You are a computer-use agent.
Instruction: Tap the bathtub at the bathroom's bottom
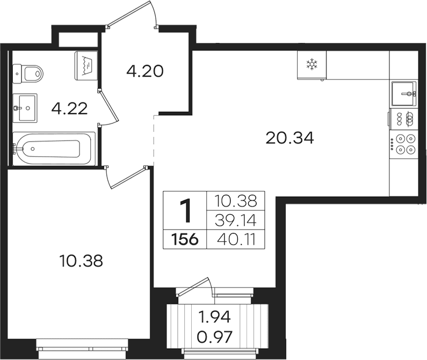click(x=54, y=149)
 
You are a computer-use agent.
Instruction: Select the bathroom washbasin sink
click(x=25, y=108)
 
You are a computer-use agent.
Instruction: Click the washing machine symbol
click(x=86, y=65)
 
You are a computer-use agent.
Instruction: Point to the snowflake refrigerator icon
click(x=312, y=65)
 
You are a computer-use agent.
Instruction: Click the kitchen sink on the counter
click(x=404, y=94)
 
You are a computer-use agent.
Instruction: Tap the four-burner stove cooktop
click(x=404, y=144)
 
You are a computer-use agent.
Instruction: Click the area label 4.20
click(x=145, y=71)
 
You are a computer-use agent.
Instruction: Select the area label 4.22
click(x=69, y=108)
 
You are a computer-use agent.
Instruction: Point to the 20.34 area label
click(x=290, y=138)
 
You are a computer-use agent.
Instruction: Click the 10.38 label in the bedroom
click(x=81, y=261)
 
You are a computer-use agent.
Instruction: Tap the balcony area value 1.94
click(x=215, y=317)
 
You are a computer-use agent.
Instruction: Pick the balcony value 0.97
click(x=215, y=337)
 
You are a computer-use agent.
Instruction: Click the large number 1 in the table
click(x=186, y=210)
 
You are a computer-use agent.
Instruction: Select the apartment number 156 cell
click(x=185, y=239)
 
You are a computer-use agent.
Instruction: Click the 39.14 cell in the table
click(x=236, y=220)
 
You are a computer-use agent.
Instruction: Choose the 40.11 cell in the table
click(x=236, y=239)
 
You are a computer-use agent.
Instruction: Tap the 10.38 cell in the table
click(x=236, y=201)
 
